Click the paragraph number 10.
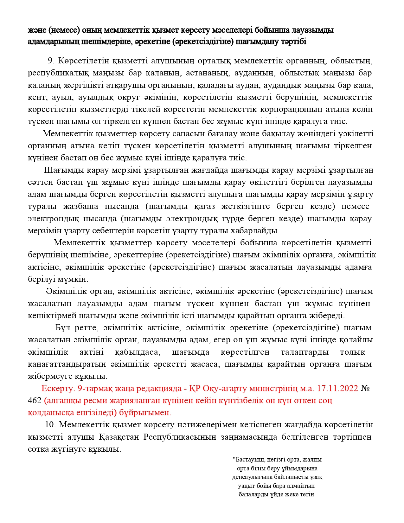coord(50,424)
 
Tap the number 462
coord(35,401)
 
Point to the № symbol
coord(366,388)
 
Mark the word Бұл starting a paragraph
coord(62,327)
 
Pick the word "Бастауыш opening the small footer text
coord(249,460)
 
